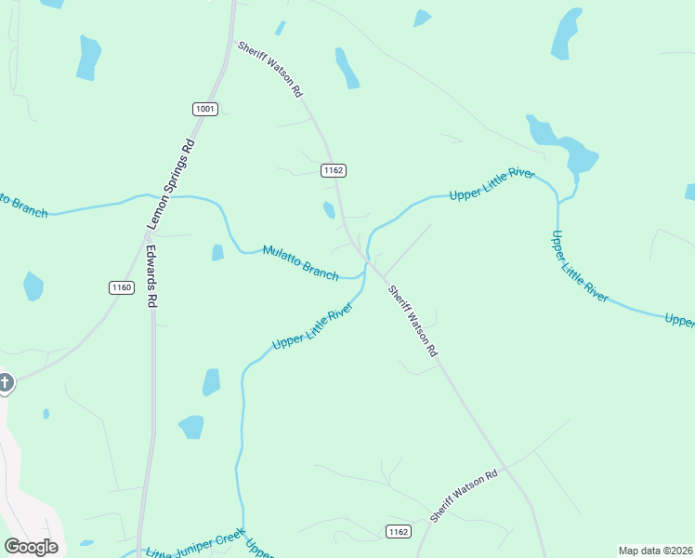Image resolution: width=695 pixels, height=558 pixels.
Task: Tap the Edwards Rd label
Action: (151, 275)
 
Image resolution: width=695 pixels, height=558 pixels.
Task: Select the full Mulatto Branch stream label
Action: (300, 261)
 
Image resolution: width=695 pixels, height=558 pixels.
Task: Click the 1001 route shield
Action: (205, 110)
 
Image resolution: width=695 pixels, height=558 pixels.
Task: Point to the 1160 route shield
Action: (121, 287)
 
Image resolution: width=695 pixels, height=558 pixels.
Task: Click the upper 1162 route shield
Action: (334, 170)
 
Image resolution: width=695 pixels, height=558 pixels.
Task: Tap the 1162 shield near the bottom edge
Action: (398, 531)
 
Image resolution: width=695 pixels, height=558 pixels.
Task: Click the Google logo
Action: (32, 547)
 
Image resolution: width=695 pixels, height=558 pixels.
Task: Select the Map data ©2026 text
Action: (655, 551)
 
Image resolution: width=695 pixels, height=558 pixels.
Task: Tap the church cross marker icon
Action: (6, 382)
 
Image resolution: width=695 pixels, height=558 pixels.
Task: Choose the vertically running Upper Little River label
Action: (580, 266)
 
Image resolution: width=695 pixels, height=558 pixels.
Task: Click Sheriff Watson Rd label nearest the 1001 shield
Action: (270, 69)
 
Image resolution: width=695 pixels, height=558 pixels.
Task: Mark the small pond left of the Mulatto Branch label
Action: (217, 252)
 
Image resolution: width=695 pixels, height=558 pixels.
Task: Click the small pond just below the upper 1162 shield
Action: (329, 210)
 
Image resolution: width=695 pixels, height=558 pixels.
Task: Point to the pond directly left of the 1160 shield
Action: (33, 286)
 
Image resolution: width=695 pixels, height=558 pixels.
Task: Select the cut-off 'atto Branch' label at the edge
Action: (20, 204)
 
